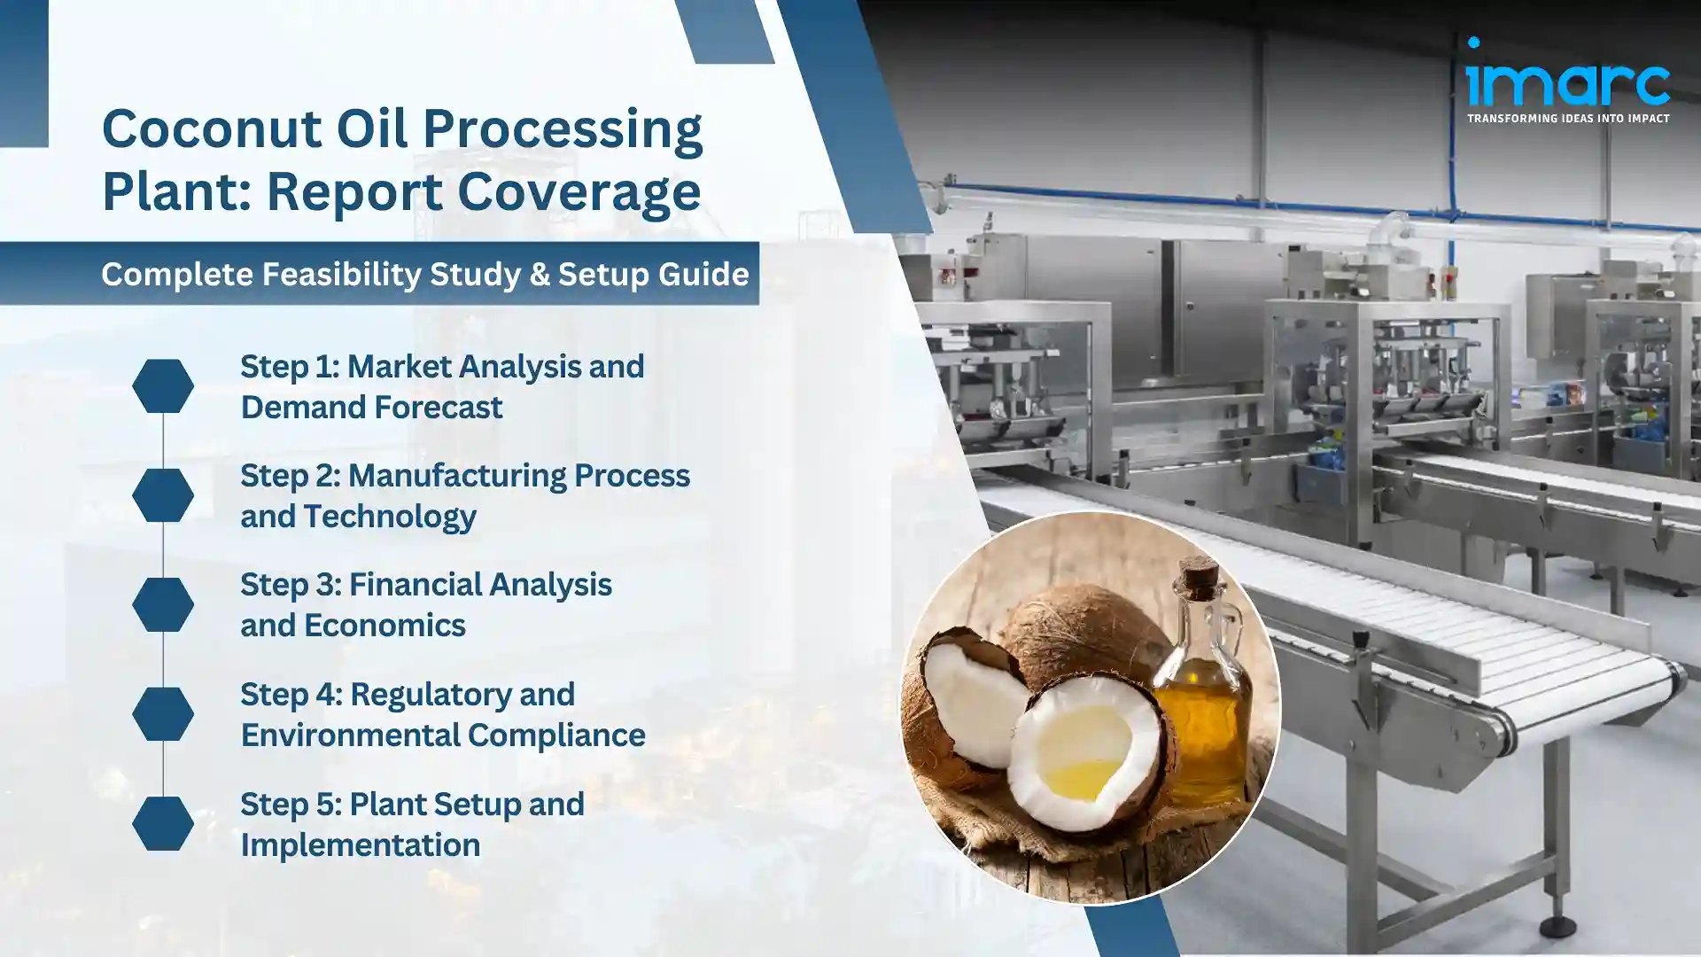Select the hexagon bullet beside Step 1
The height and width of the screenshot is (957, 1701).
point(163,385)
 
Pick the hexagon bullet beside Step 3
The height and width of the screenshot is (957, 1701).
point(163,604)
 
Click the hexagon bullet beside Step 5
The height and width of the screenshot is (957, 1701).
point(163,823)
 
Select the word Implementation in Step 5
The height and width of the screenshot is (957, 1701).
point(360,845)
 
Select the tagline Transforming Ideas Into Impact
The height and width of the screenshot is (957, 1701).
point(1567,118)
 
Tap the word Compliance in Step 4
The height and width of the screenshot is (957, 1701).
point(555,735)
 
